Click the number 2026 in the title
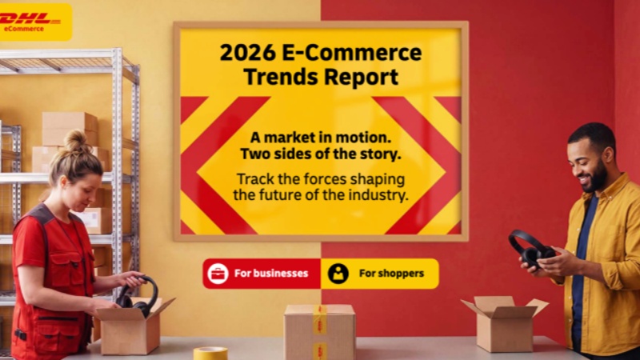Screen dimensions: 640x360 point(247,53)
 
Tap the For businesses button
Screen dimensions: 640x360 point(262,274)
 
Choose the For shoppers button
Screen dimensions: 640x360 point(380,274)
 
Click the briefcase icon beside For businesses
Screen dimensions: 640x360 point(218,274)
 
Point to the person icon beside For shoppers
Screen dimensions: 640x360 point(338,274)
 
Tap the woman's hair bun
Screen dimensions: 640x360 point(75,141)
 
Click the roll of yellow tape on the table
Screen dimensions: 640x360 point(210,353)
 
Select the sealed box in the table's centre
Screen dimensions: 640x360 point(319,332)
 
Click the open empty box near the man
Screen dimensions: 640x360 point(504,322)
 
